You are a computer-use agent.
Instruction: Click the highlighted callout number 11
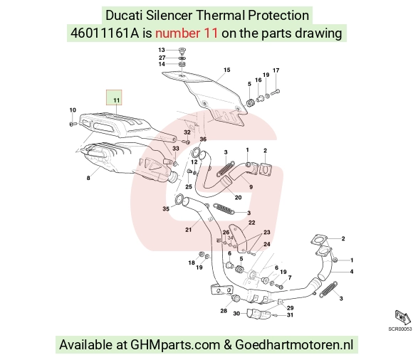click(x=116, y=100)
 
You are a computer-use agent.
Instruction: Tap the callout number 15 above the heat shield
click(x=226, y=70)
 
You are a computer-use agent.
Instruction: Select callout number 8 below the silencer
click(x=88, y=178)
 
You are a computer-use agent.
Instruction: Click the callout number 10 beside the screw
click(x=73, y=110)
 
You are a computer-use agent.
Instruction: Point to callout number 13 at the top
click(x=162, y=50)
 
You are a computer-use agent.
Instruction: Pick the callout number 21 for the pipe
click(x=188, y=230)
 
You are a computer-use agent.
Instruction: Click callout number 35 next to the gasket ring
click(x=166, y=209)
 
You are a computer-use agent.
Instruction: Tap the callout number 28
click(x=224, y=311)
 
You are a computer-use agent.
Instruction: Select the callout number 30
click(x=236, y=314)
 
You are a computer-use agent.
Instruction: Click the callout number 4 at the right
click(x=352, y=272)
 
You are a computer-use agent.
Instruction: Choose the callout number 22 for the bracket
click(x=252, y=223)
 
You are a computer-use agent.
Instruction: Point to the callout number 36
click(x=203, y=139)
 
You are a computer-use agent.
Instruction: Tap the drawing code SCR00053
click(x=400, y=329)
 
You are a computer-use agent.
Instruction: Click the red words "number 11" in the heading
click(x=187, y=33)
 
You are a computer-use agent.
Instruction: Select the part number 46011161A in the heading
click(x=105, y=33)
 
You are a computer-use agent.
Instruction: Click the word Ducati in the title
click(x=124, y=15)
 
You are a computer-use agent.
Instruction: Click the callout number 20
click(x=238, y=197)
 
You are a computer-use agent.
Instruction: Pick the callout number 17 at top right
click(x=276, y=70)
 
